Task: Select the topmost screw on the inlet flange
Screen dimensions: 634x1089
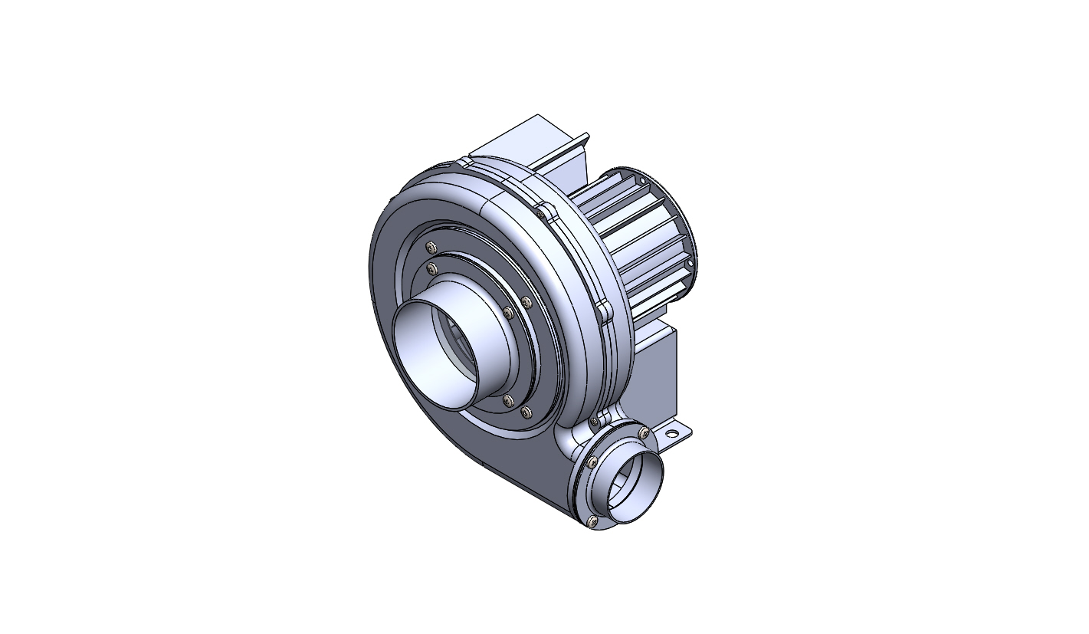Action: [x=431, y=247]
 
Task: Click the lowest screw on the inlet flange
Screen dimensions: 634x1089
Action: [x=526, y=412]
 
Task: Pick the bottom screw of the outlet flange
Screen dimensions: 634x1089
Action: [x=591, y=521]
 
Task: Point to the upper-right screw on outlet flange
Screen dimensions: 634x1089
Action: [x=644, y=434]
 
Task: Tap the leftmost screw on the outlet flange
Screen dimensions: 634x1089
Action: [x=592, y=462]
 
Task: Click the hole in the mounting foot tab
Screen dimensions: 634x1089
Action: [x=672, y=434]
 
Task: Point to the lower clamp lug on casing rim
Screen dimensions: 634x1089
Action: [x=604, y=310]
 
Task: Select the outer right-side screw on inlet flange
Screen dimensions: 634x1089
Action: [x=526, y=303]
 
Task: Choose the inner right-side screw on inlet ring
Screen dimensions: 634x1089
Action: [x=508, y=312]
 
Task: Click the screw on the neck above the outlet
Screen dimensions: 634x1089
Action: [x=595, y=422]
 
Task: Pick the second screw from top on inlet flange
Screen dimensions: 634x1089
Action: [x=431, y=268]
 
